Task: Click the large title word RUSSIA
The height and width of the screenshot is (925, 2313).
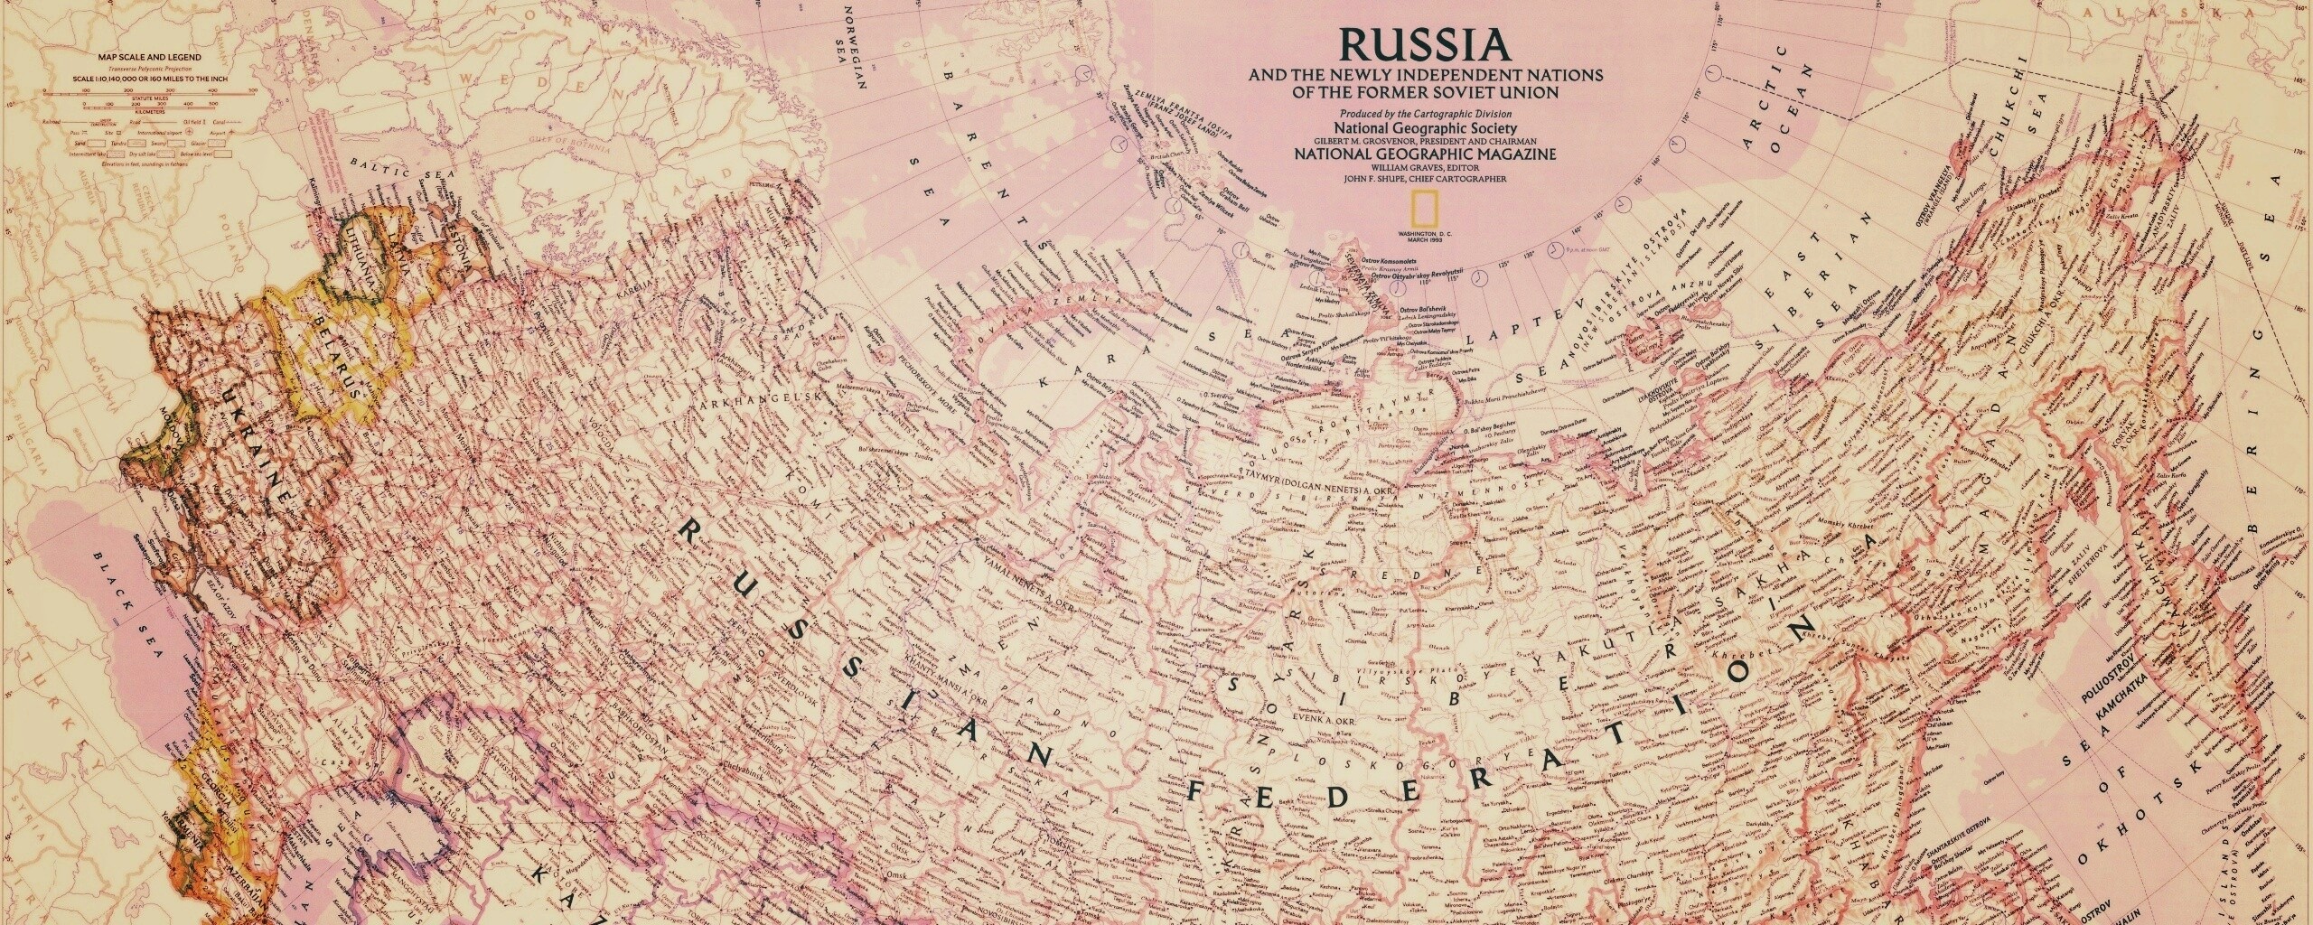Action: (1425, 43)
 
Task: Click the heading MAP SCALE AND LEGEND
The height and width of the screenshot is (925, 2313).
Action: (138, 58)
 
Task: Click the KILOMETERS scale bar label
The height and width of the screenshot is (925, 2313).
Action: (138, 114)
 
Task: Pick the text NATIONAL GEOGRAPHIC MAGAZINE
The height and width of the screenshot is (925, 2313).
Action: (1425, 179)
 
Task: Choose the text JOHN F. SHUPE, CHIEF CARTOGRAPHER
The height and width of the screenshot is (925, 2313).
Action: (1425, 205)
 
